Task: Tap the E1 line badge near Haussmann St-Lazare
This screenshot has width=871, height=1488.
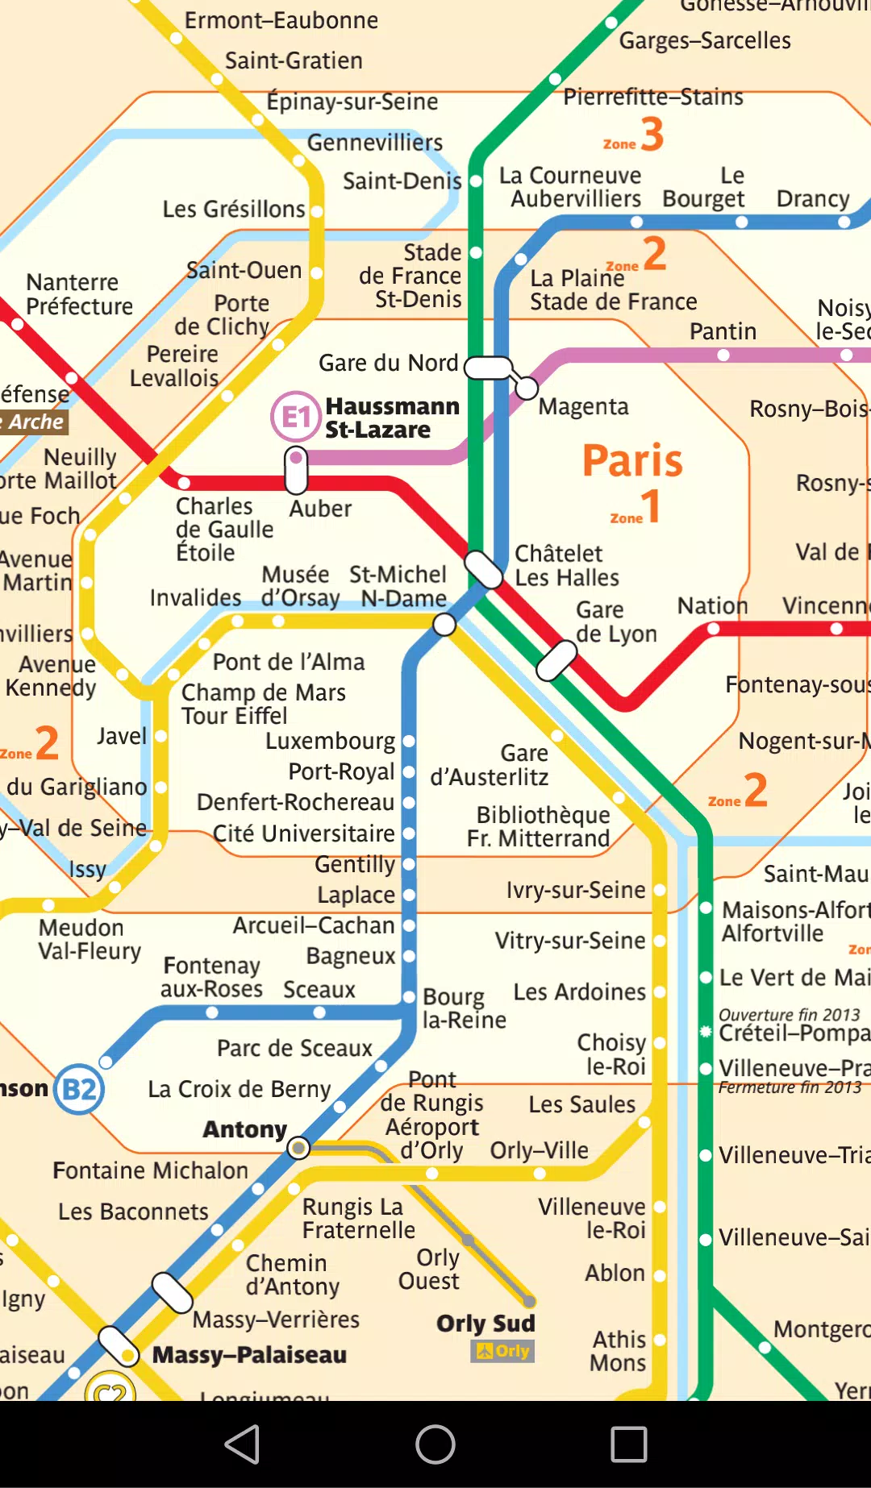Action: pyautogui.click(x=295, y=417)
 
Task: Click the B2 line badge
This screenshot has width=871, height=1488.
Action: pyautogui.click(x=79, y=1090)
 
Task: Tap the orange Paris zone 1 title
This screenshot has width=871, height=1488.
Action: pyautogui.click(x=632, y=461)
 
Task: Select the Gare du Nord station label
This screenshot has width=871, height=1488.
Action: pyautogui.click(x=388, y=364)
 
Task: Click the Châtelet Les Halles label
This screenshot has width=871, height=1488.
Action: pyautogui.click(x=566, y=566)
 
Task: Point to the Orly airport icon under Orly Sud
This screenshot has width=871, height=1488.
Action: pyautogui.click(x=502, y=1351)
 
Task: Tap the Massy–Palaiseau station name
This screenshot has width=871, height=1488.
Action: pyautogui.click(x=249, y=1355)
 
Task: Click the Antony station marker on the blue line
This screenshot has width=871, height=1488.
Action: pyautogui.click(x=298, y=1148)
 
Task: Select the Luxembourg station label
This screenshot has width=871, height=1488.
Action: pyautogui.click(x=330, y=741)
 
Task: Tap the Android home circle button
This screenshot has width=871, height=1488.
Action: pyautogui.click(x=435, y=1444)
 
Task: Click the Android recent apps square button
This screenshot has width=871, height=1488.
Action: pyautogui.click(x=629, y=1444)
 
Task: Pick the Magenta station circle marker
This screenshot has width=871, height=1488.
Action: pyautogui.click(x=527, y=389)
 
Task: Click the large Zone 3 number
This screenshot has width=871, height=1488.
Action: pyautogui.click(x=652, y=134)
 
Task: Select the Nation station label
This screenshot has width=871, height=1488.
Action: pyautogui.click(x=712, y=605)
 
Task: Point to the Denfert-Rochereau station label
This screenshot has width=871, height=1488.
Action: pyautogui.click(x=295, y=803)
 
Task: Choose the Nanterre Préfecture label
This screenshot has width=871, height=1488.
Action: pyautogui.click(x=79, y=294)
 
